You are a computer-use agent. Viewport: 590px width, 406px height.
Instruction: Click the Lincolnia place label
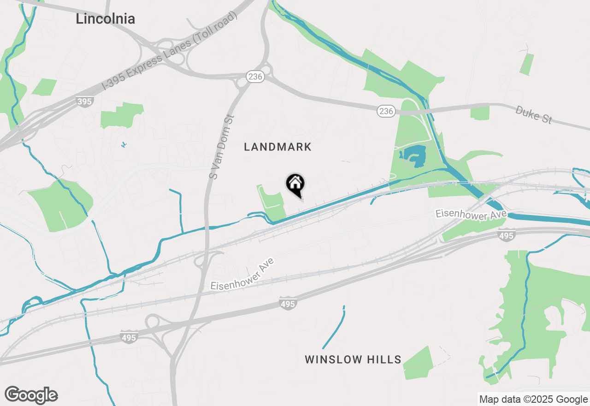pyautogui.click(x=105, y=19)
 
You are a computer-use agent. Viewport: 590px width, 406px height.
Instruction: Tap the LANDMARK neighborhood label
pyautogui.click(x=277, y=147)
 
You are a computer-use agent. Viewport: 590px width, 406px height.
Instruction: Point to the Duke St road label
pyautogui.click(x=533, y=114)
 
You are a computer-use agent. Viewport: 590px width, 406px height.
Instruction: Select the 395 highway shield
pyautogui.click(x=85, y=101)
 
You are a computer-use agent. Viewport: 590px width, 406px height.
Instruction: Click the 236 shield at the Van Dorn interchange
pyautogui.click(x=255, y=77)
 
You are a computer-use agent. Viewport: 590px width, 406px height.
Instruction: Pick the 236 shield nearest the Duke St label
pyautogui.click(x=386, y=111)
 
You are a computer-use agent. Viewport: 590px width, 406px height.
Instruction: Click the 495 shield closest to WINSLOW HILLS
pyautogui.click(x=288, y=304)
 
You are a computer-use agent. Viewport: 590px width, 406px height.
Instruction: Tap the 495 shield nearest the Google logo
pyautogui.click(x=129, y=338)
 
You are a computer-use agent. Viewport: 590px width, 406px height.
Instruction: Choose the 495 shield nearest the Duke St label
pyautogui.click(x=506, y=236)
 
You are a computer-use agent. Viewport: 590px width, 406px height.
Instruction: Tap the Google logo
pyautogui.click(x=31, y=395)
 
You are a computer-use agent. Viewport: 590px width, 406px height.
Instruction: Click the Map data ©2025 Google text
pyautogui.click(x=533, y=400)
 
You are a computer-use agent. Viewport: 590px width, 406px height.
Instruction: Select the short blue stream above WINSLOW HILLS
pyautogui.click(x=334, y=327)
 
